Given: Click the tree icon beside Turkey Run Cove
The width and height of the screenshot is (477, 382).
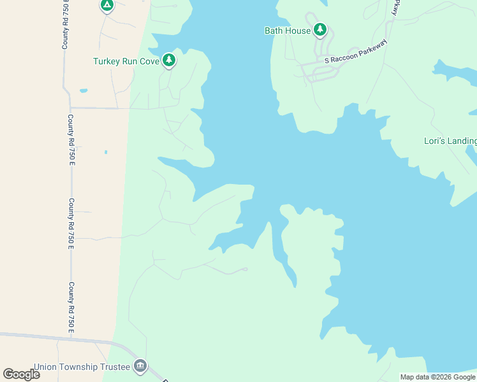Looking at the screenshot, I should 169,60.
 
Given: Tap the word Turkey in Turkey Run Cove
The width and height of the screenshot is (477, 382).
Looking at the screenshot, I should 107,62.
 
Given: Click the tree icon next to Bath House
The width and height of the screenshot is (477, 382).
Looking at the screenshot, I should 319,29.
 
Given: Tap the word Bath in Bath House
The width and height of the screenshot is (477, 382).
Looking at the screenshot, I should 274,31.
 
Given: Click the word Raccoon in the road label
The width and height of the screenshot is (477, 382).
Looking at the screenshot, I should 346,56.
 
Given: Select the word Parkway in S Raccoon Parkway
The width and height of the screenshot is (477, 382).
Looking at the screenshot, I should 374,48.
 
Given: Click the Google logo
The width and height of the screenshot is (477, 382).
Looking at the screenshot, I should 21,374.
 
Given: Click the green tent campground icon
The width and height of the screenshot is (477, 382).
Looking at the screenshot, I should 106,6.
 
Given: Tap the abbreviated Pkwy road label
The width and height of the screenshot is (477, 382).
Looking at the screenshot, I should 395,8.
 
